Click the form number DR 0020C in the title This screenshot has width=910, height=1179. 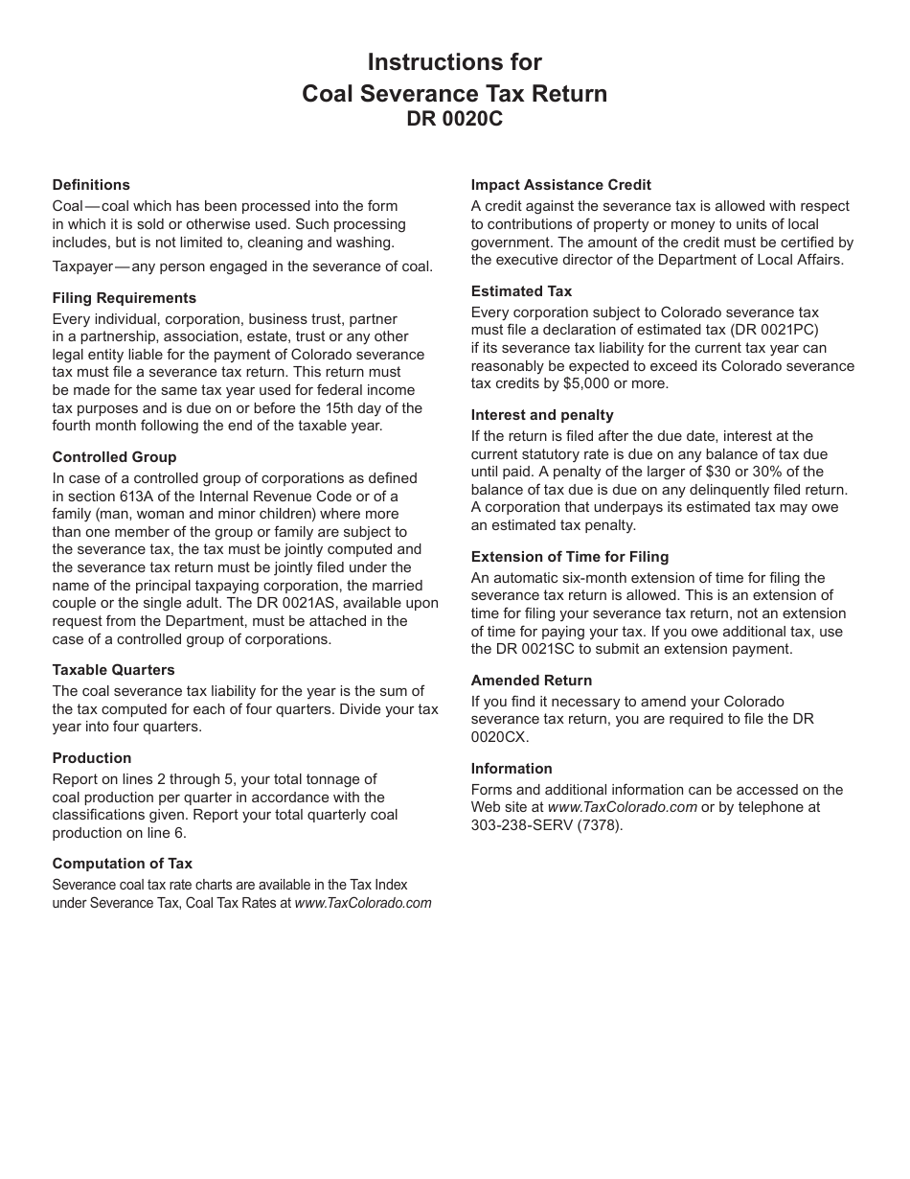[x=454, y=120]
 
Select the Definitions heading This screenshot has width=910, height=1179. [x=91, y=185]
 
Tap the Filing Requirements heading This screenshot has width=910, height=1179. [x=124, y=298]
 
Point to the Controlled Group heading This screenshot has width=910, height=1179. [x=114, y=457]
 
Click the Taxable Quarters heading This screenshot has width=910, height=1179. [x=113, y=670]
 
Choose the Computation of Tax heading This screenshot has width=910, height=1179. [x=122, y=864]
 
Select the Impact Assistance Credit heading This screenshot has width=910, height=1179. [x=560, y=185]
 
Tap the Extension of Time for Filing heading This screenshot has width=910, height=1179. [x=569, y=557]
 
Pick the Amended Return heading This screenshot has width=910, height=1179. [x=531, y=681]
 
